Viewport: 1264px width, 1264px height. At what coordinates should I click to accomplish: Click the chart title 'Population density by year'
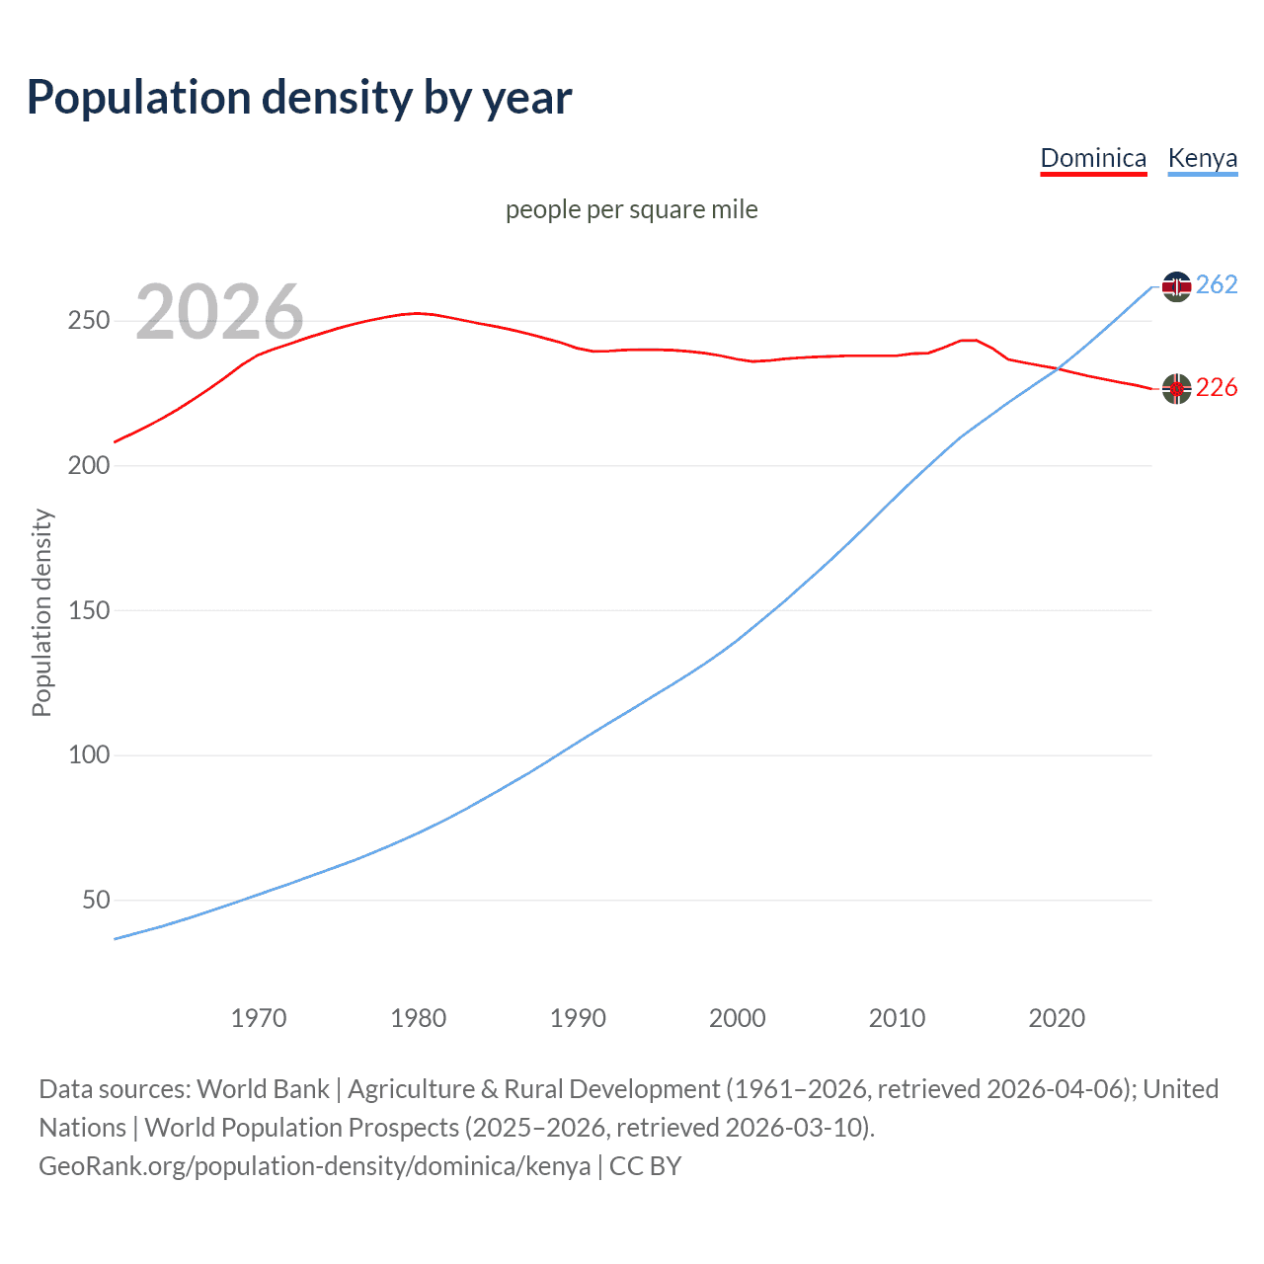coord(299,98)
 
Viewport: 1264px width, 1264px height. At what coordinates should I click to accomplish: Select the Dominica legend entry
coord(1093,158)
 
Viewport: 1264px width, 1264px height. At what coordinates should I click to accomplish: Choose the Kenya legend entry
coord(1202,158)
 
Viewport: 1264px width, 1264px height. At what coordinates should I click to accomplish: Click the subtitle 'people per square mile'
coord(632,209)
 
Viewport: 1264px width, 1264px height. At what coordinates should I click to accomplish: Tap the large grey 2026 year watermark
coord(219,312)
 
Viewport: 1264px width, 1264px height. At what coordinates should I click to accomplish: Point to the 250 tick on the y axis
coord(88,321)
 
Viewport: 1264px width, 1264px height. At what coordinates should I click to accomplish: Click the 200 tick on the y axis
coord(88,465)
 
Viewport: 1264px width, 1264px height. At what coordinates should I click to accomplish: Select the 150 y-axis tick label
coord(88,610)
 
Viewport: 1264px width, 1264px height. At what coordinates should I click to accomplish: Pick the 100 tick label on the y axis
coord(88,755)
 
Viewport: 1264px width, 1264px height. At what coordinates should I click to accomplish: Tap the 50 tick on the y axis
coord(96,900)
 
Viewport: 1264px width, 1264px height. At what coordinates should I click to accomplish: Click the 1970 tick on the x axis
coord(259,1018)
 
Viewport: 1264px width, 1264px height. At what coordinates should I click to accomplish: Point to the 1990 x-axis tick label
coord(578,1018)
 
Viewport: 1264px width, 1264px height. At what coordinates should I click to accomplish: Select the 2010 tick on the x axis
coord(897,1018)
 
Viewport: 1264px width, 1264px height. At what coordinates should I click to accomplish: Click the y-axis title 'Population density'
coord(41,612)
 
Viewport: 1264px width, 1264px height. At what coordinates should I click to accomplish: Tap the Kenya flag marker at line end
coord(1176,286)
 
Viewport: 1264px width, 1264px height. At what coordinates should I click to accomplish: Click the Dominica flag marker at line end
coord(1176,389)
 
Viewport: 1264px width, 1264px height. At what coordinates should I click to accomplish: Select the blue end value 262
coord(1217,285)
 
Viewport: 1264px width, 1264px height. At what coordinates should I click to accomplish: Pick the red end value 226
coord(1217,388)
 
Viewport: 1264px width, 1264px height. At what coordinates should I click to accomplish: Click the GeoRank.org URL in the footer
coord(314,1166)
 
